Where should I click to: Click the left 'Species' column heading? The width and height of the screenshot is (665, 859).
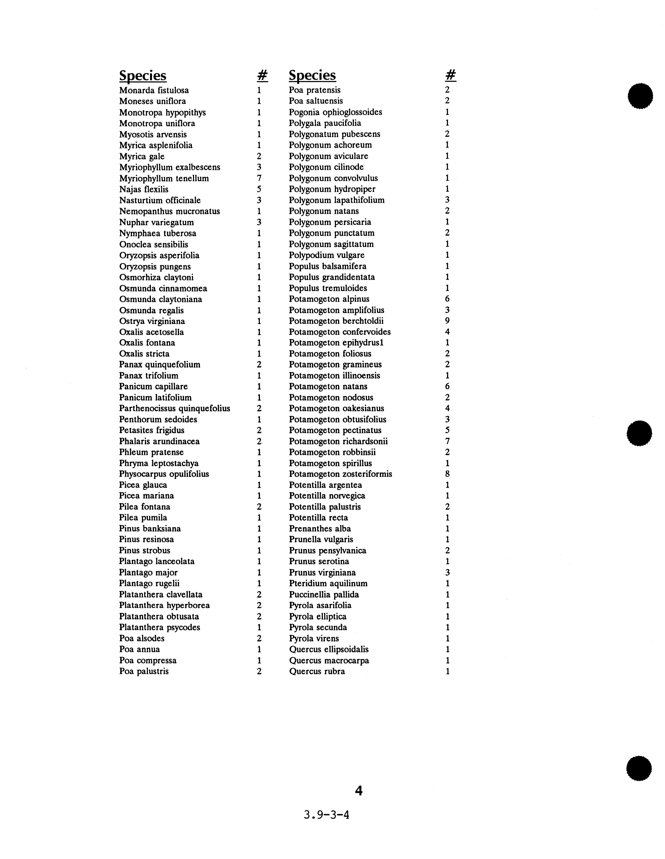tap(143, 75)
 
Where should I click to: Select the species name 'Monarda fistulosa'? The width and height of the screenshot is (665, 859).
tap(154, 91)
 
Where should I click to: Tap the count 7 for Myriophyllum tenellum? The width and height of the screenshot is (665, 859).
tap(259, 179)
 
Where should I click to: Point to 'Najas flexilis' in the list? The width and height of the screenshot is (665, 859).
tap(144, 190)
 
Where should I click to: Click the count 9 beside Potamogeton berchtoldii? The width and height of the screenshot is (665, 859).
tap(447, 321)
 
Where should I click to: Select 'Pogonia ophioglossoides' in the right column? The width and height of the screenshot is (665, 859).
tap(335, 112)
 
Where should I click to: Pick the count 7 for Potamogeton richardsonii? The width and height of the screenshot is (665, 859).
tap(447, 441)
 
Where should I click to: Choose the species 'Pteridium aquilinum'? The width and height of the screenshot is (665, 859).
tap(328, 584)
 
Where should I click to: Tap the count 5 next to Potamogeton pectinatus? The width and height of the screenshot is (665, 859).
tap(447, 430)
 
